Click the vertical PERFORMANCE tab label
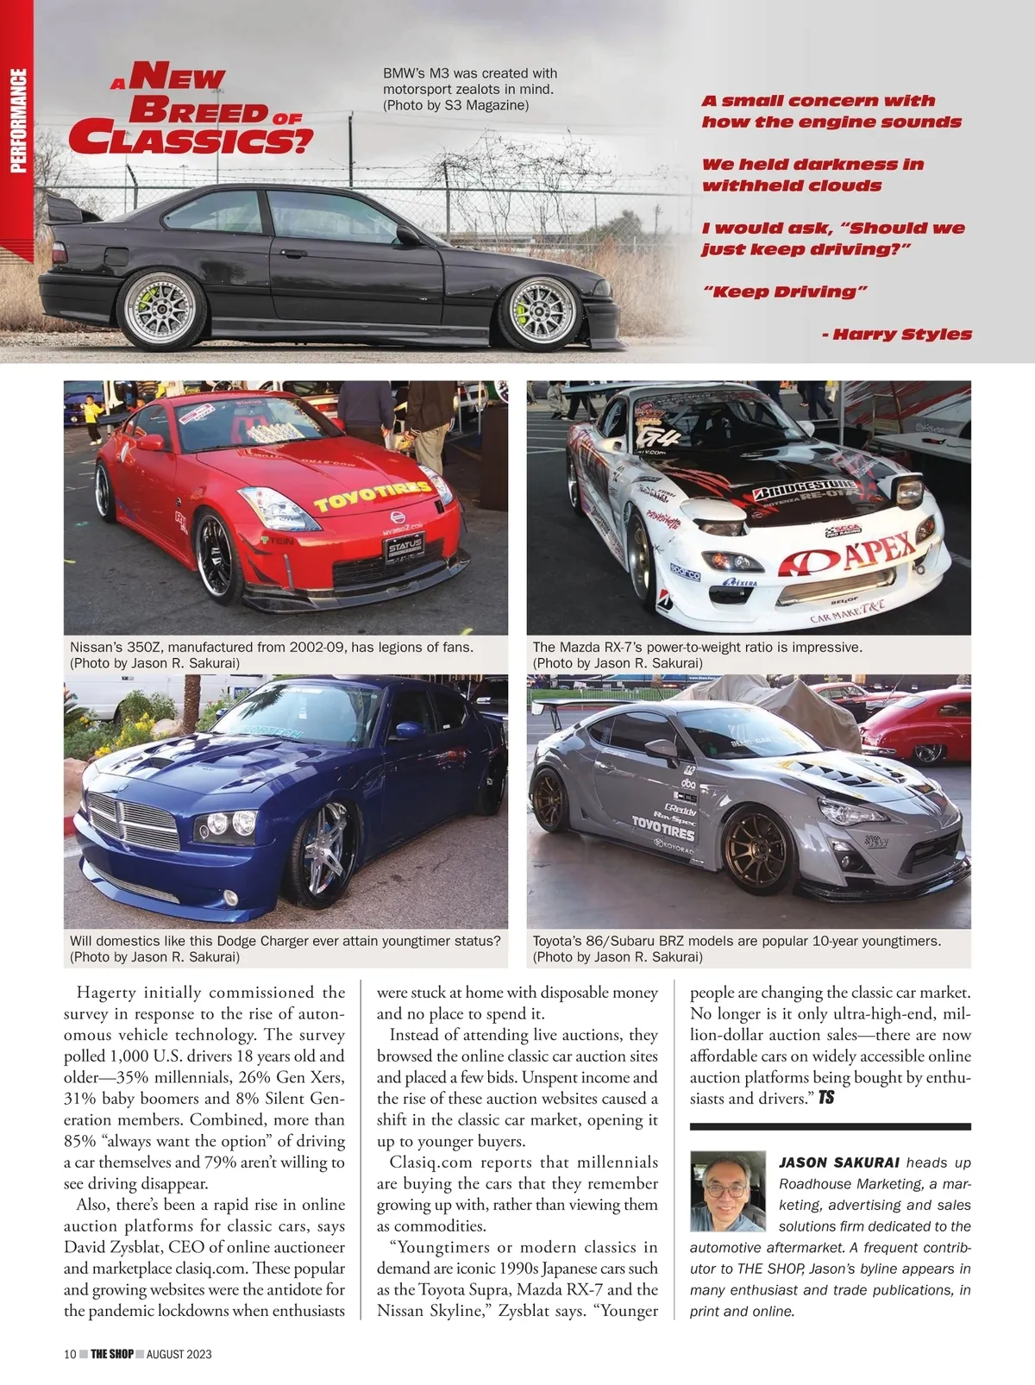pos(17,121)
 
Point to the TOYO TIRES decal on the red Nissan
pos(373,496)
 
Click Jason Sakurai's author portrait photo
pos(728,1190)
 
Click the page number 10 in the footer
pos(71,1354)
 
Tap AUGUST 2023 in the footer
pos(179,1354)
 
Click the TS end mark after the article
pos(826,1098)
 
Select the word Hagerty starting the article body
pos(107,993)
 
